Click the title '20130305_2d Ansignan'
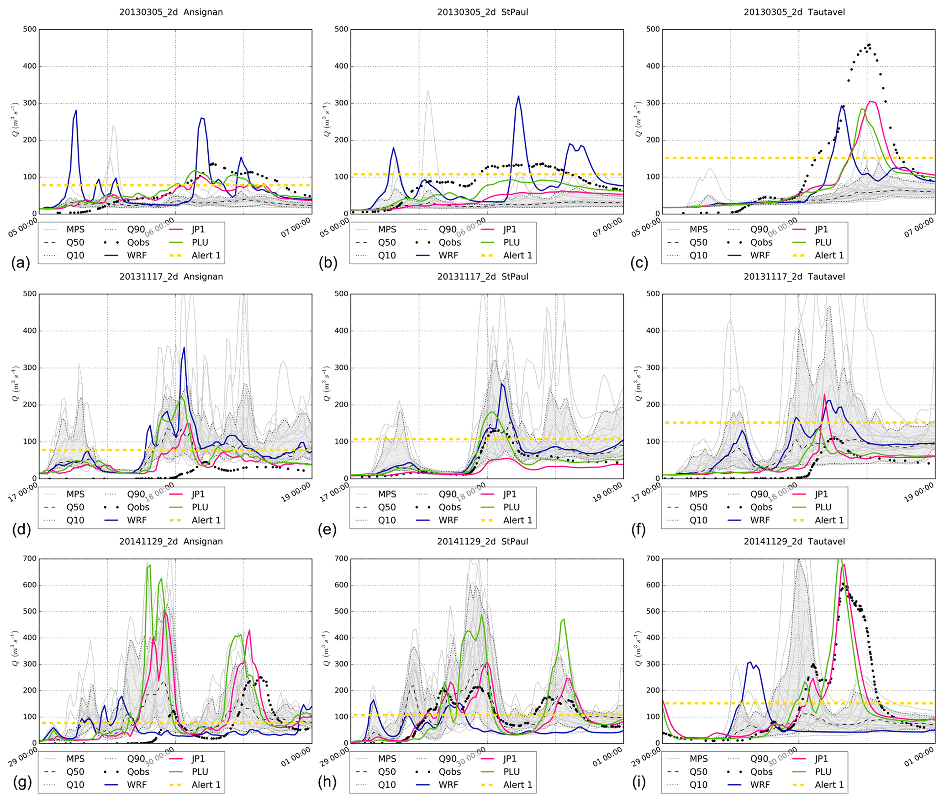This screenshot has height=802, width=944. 171,12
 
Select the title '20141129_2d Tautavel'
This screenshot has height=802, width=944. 794,541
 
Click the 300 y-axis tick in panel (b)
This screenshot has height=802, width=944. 341,103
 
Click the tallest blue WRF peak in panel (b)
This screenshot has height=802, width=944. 518,96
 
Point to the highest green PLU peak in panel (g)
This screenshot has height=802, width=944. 149,565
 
